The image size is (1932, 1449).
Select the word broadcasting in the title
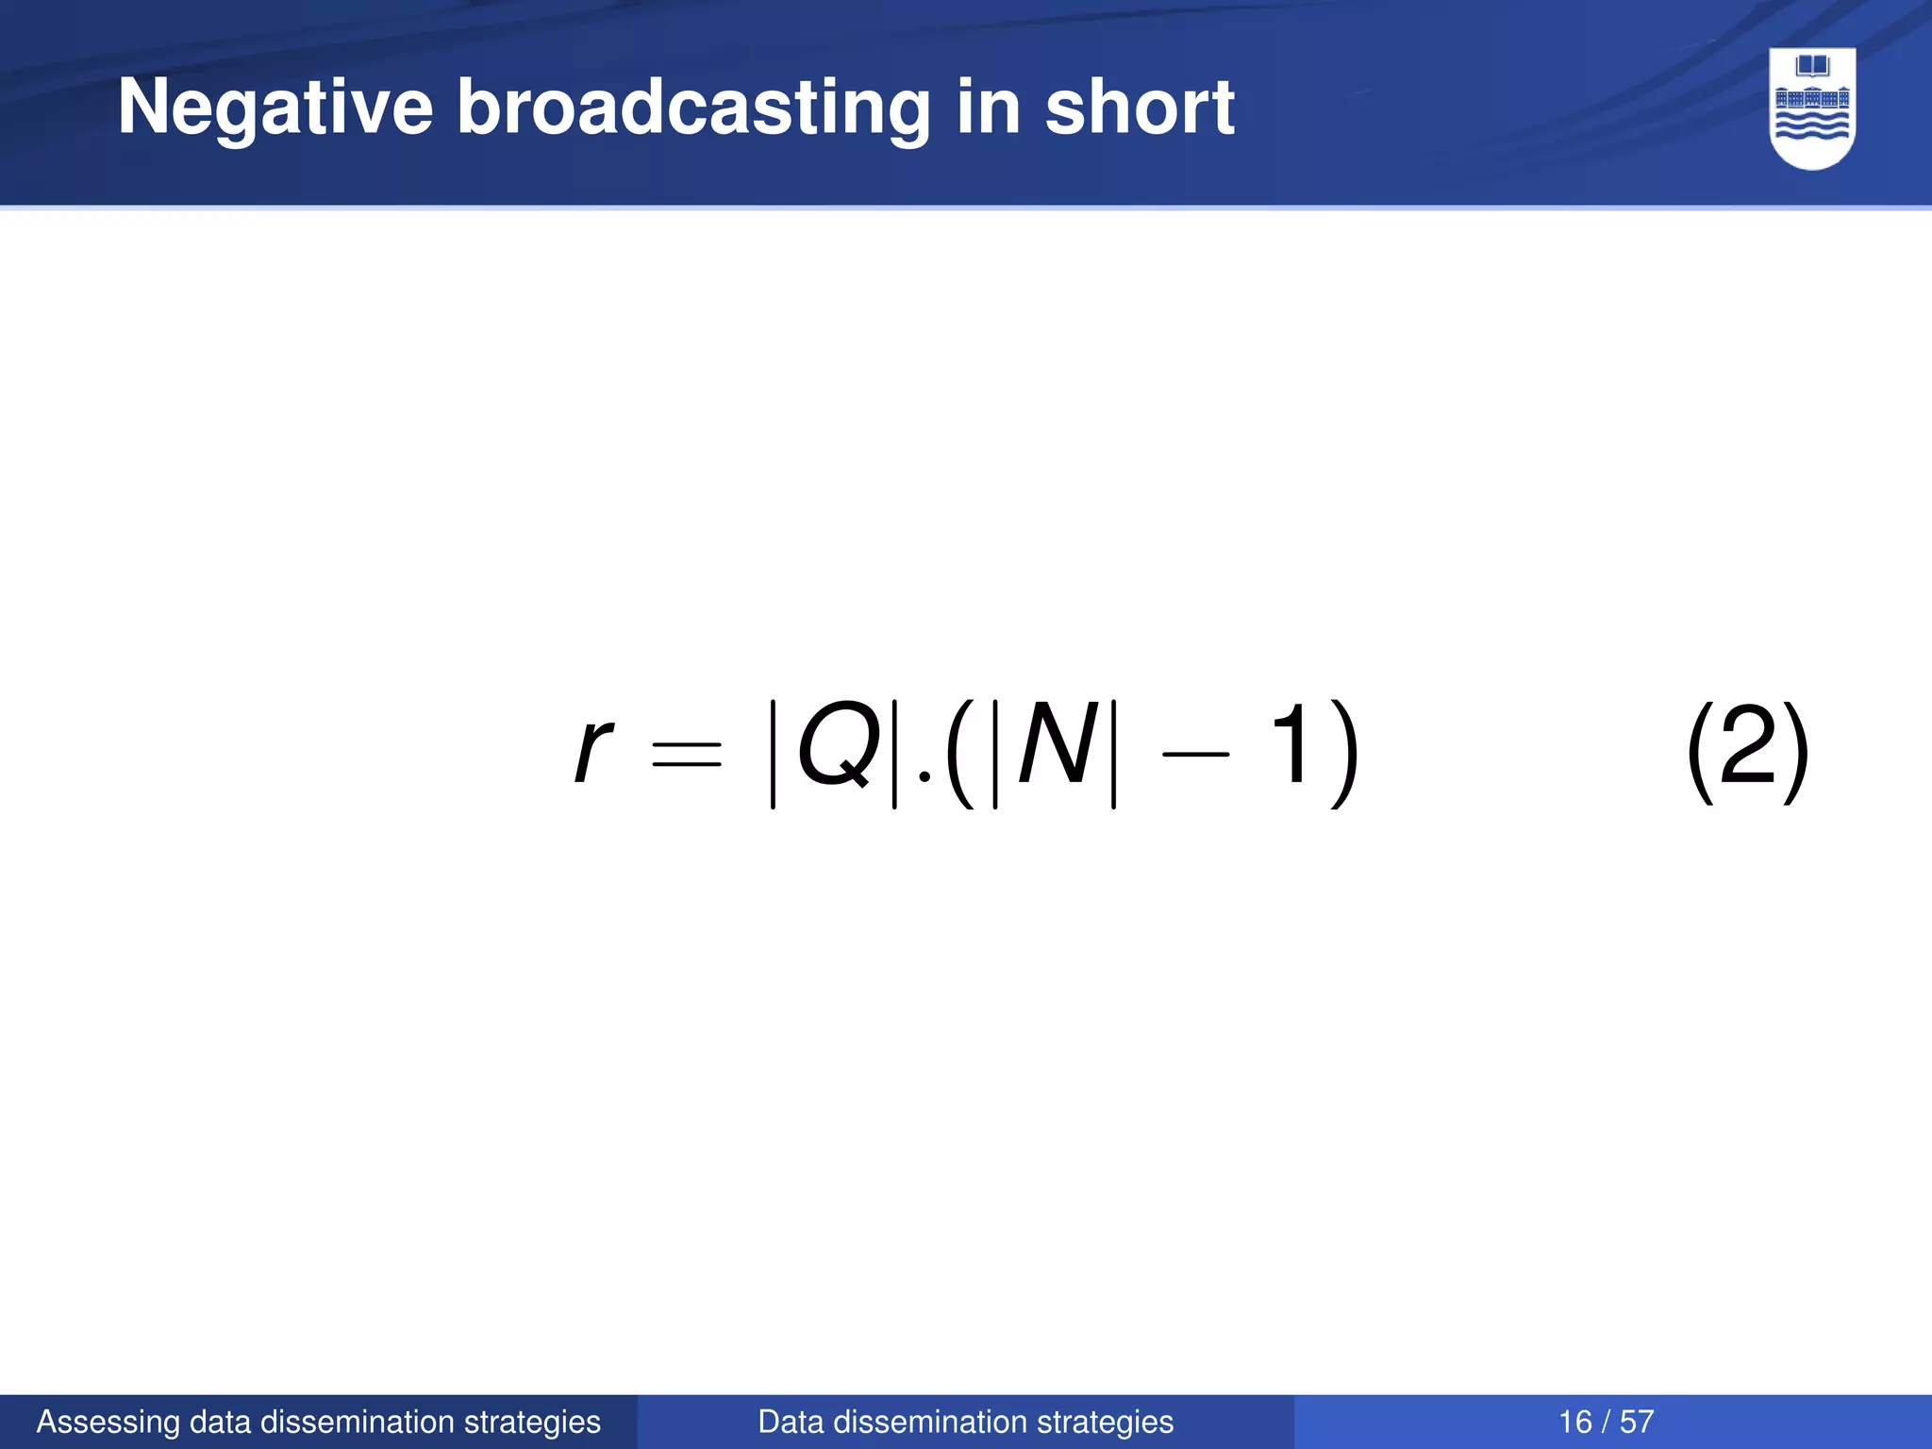[x=692, y=108]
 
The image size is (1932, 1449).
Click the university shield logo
[x=1812, y=108]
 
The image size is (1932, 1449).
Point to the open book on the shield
[x=1812, y=67]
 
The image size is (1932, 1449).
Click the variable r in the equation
[x=593, y=750]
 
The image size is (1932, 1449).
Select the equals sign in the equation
[x=687, y=753]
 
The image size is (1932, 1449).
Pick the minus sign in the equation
[x=1196, y=754]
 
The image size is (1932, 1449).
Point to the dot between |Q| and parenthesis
[x=924, y=775]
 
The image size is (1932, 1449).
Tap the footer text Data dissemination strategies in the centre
[x=965, y=1422]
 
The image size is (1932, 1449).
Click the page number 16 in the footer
[x=1575, y=1422]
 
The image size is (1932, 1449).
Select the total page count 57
[x=1637, y=1422]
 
